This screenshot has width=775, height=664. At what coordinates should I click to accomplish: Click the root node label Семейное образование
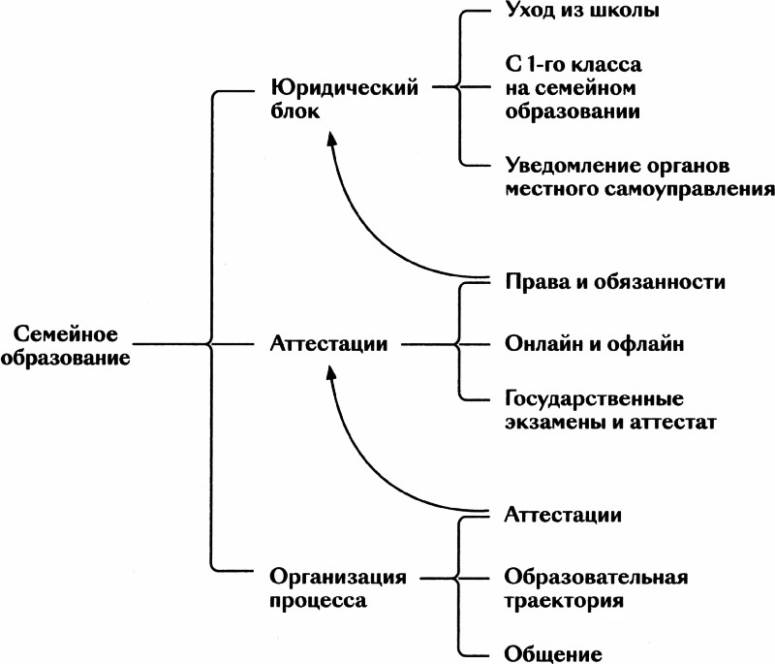[x=66, y=345]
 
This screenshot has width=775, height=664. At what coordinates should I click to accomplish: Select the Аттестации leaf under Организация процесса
[x=564, y=514]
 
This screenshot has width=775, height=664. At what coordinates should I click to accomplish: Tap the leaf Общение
[x=554, y=652]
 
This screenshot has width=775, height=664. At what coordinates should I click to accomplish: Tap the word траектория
[x=564, y=600]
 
